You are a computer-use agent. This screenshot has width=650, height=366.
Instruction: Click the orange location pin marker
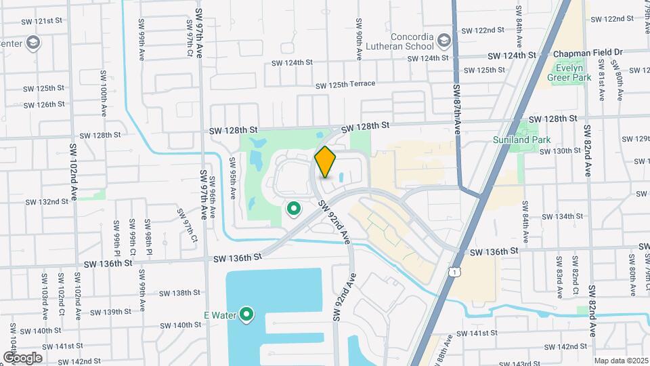pos(326,162)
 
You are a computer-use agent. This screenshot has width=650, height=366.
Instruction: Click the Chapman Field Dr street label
pos(588,52)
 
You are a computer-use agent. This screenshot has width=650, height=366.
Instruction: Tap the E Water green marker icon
pos(247,314)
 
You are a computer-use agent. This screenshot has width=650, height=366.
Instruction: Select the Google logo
pos(23,357)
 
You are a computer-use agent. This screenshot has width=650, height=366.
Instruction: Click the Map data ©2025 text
pos(620,361)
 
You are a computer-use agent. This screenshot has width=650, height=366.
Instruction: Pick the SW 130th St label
pos(557,150)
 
